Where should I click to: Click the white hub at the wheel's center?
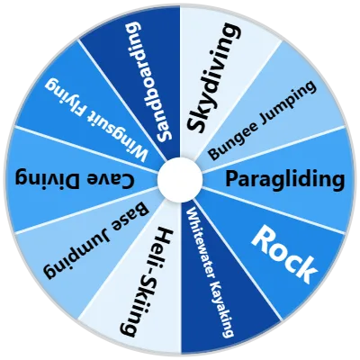pyautogui.click(x=180, y=179)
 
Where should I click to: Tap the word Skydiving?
pyautogui.click(x=213, y=78)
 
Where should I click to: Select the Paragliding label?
pyautogui.click(x=284, y=180)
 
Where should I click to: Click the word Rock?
pyautogui.click(x=283, y=254)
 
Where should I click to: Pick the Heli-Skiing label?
pyautogui.click(x=146, y=282)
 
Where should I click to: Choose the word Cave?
pyautogui.click(x=111, y=179)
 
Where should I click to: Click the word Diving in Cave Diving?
pyautogui.click(x=49, y=180)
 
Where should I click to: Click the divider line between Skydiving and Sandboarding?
pyautogui.click(x=180, y=82)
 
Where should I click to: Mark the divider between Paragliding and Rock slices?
pyautogui.click(x=274, y=210)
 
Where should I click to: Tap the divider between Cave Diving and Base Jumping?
pyautogui.click(x=86, y=210)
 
